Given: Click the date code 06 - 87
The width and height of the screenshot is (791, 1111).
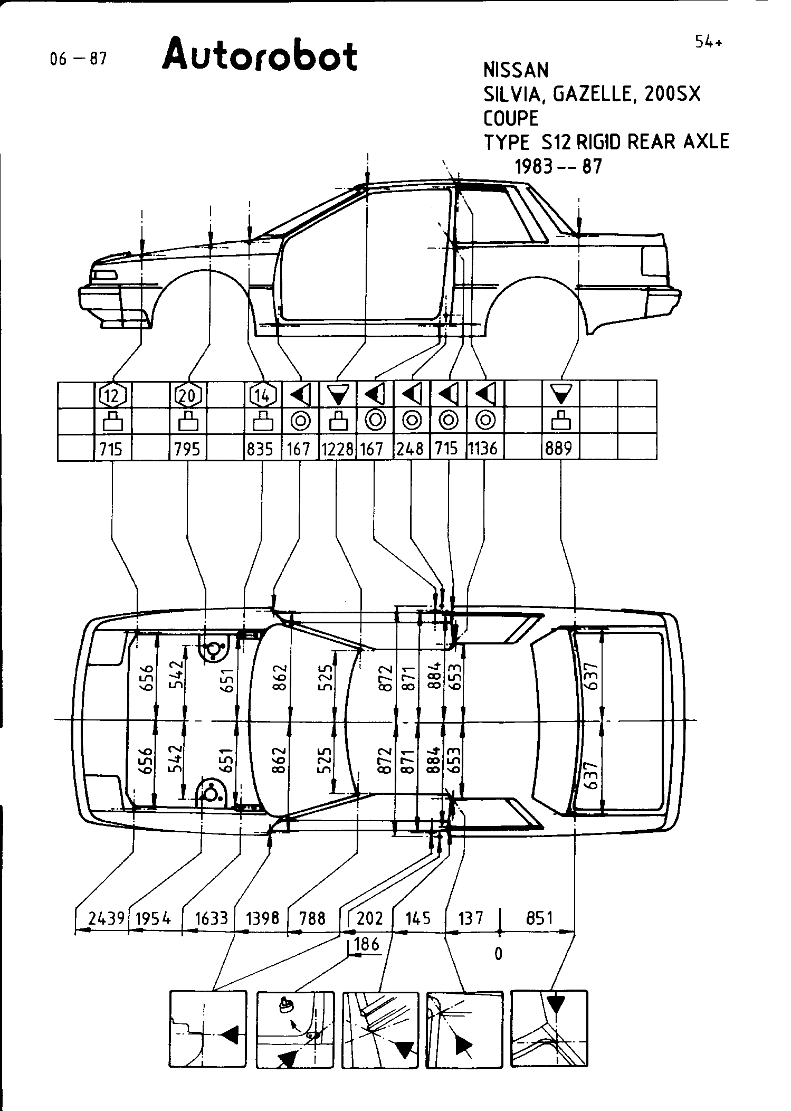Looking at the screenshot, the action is (78, 59).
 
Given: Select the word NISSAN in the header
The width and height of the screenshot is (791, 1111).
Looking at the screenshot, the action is (516, 70).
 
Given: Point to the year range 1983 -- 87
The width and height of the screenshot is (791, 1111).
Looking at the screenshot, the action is (558, 167).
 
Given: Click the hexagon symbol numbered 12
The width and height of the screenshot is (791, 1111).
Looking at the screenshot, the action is (112, 394).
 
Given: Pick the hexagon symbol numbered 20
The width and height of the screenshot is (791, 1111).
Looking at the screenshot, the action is (188, 394).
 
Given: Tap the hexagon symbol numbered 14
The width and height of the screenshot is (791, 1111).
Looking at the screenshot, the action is (262, 394).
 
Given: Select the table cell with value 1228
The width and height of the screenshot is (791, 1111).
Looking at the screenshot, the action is (337, 449).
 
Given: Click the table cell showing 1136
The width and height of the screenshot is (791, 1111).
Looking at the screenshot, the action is (483, 449).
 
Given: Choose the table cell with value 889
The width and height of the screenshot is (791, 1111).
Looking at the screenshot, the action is (558, 449).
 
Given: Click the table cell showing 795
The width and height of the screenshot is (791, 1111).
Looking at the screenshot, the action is (187, 449).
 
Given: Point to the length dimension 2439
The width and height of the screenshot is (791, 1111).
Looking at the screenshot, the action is (106, 919).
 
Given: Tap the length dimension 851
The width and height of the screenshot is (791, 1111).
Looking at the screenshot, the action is (539, 919).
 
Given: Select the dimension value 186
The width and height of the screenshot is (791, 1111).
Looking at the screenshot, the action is (367, 944).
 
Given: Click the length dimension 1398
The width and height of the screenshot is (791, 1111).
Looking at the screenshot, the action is (262, 919).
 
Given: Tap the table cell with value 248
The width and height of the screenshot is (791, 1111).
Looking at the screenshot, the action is (411, 449).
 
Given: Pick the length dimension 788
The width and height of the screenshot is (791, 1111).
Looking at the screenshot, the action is (312, 919).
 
